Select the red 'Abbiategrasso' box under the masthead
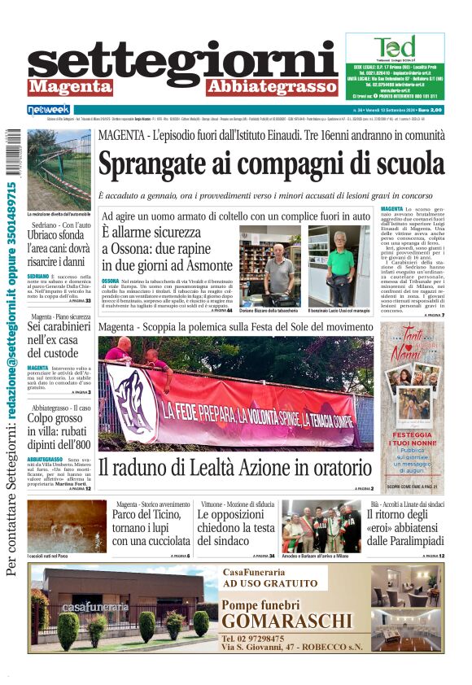[271, 86]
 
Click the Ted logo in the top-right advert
[395, 47]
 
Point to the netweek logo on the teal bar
[49, 110]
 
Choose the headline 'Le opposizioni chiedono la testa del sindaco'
[237, 527]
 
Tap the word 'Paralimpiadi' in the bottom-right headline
[405, 540]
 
